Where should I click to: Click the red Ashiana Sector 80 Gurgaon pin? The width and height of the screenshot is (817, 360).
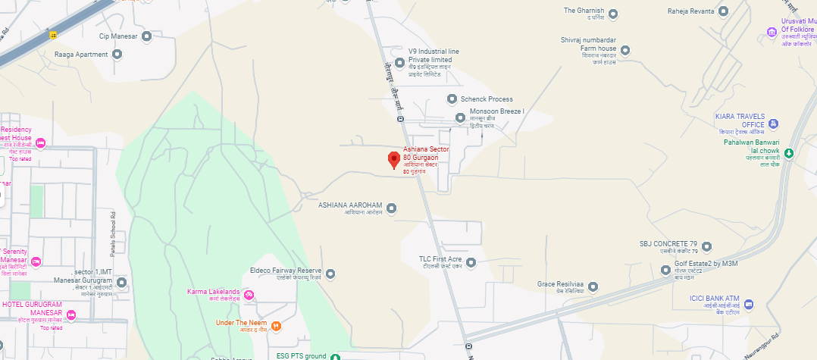point(393,160)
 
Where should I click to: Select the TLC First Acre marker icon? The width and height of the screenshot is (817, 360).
point(470,263)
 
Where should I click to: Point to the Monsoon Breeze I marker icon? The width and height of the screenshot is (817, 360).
point(460,117)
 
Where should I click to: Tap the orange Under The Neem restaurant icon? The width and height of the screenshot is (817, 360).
point(276,326)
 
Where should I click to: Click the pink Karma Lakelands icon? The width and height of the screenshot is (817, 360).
point(249,293)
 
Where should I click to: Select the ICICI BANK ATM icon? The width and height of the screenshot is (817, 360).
point(749,305)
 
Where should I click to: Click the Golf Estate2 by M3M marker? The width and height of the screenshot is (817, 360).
point(666,269)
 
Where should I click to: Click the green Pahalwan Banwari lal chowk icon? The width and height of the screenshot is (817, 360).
point(788,153)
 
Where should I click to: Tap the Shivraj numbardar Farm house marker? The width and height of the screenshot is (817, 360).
point(624,50)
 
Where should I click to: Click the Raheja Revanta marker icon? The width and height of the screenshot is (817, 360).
point(723,11)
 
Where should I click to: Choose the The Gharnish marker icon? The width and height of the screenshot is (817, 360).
point(613,14)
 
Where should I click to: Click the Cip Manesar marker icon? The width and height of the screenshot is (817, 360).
point(147,36)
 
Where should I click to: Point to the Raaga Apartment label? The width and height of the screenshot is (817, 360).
point(82,55)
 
